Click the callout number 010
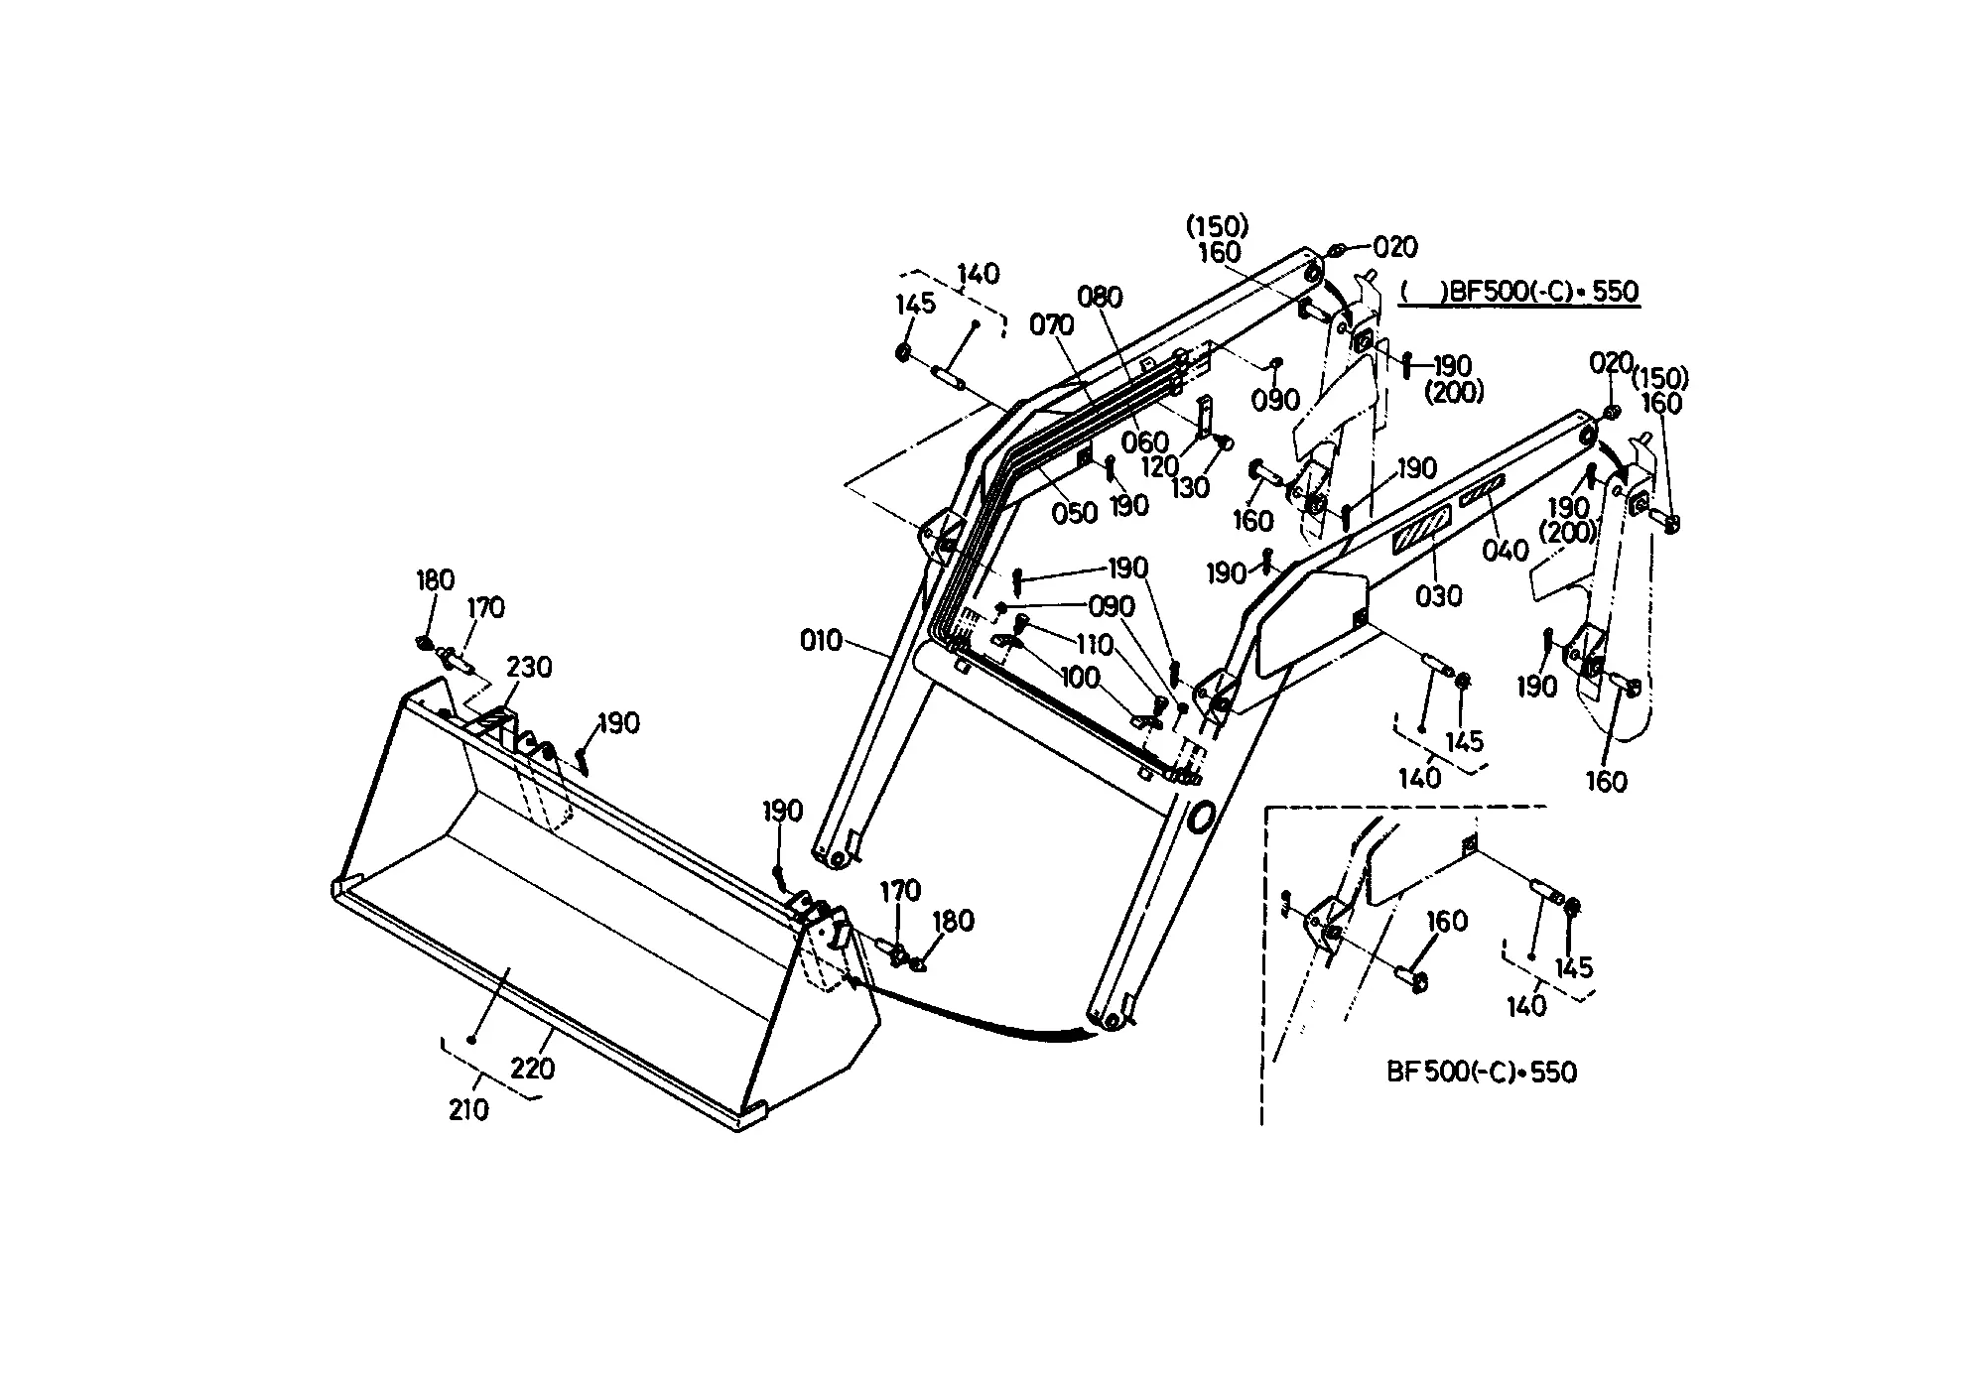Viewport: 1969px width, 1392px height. pyautogui.click(x=821, y=641)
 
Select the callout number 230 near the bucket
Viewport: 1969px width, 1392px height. pyautogui.click(x=529, y=667)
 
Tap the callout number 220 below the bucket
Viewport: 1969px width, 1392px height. pyautogui.click(x=533, y=1069)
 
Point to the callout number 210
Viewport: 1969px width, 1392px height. pyautogui.click(x=468, y=1109)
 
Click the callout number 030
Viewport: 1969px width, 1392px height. pyautogui.click(x=1439, y=595)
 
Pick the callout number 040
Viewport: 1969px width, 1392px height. pyautogui.click(x=1506, y=551)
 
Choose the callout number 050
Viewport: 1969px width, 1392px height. pyautogui.click(x=1075, y=513)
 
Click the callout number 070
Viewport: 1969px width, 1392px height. pyautogui.click(x=1052, y=324)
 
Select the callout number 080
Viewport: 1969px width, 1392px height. pyautogui.click(x=1100, y=297)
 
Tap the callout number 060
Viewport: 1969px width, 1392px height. pyautogui.click(x=1145, y=443)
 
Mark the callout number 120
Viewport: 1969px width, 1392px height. pyautogui.click(x=1159, y=465)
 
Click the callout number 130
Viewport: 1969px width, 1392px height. pyautogui.click(x=1190, y=487)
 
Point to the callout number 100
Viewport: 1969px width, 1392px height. pyautogui.click(x=1080, y=677)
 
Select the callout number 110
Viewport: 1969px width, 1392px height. pyautogui.click(x=1095, y=645)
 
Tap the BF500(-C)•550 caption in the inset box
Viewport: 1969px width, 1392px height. pyautogui.click(x=1481, y=1073)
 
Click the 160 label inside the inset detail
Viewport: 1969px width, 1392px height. pyautogui.click(x=1446, y=921)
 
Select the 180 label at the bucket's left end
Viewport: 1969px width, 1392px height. pyautogui.click(x=435, y=580)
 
